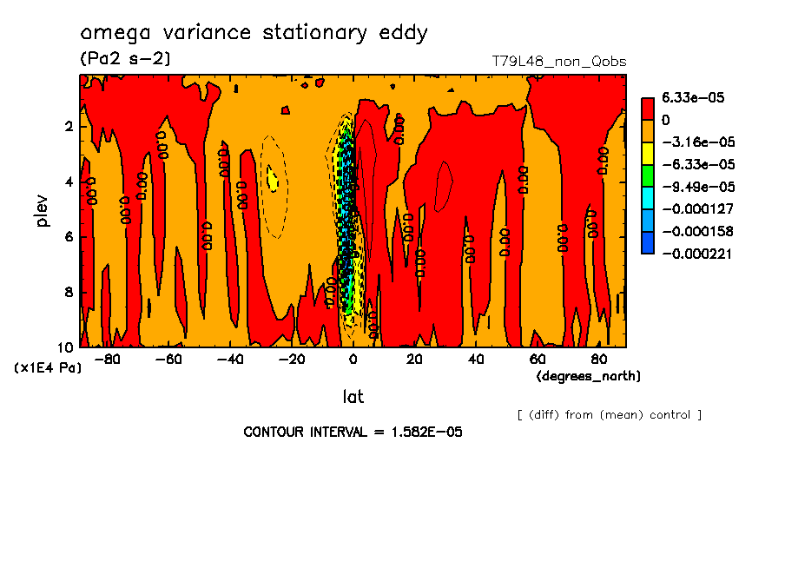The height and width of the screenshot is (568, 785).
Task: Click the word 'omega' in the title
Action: (111, 34)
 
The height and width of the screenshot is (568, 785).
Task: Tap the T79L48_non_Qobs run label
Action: (558, 62)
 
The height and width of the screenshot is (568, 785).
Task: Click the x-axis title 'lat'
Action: (352, 397)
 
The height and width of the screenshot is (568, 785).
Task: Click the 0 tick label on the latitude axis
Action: (353, 359)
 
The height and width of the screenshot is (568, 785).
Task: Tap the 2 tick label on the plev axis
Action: (68, 127)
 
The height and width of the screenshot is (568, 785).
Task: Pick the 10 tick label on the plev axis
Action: (64, 347)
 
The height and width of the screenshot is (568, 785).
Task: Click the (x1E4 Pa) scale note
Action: (48, 368)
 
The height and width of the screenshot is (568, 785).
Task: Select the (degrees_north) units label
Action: (589, 376)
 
